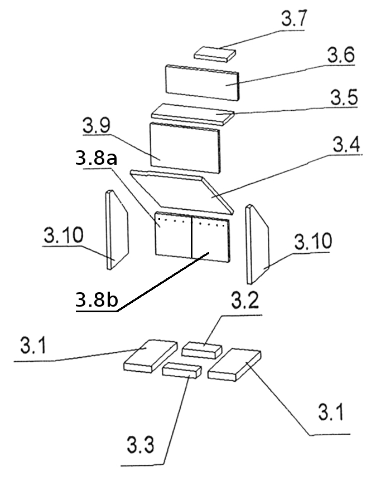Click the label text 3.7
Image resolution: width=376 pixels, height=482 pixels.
click(294, 18)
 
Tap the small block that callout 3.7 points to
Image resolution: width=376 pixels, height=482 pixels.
click(215, 54)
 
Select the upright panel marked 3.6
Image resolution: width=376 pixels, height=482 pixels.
click(203, 82)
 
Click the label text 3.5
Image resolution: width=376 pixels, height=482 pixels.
click(344, 97)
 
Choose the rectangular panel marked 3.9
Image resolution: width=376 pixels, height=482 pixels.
click(185, 148)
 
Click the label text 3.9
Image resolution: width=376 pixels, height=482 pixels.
click(96, 125)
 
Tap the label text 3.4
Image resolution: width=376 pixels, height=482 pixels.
click(346, 145)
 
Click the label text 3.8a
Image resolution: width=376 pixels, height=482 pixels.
click(96, 159)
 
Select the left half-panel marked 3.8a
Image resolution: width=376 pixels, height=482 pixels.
click(173, 234)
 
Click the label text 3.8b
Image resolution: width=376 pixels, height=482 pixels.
click(97, 299)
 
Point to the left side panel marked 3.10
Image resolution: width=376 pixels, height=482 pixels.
click(117, 230)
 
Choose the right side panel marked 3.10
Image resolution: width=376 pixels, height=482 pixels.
click(257, 244)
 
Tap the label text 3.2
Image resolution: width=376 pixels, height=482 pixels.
click(245, 301)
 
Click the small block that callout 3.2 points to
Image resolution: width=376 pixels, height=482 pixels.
click(201, 350)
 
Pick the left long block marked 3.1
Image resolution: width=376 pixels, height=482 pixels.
click(151, 356)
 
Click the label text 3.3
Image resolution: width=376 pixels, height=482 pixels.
click(140, 445)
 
